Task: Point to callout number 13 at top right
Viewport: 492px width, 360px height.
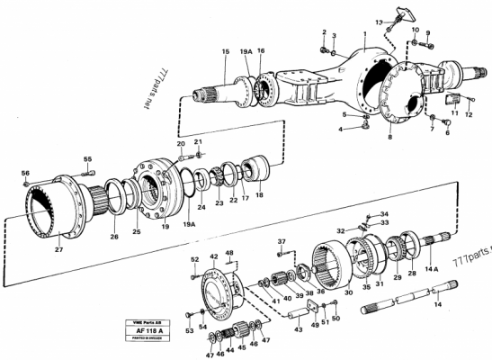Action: point(378,20)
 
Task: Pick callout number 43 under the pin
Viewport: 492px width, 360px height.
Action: point(299,329)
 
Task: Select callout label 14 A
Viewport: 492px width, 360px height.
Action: point(433,268)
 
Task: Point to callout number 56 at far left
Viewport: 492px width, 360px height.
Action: point(25,173)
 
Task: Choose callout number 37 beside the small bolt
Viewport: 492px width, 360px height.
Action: point(282,241)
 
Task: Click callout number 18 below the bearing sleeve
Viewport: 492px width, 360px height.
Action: point(261,193)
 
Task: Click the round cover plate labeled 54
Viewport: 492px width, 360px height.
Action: point(217,291)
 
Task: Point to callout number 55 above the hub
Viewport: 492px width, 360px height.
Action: point(88,159)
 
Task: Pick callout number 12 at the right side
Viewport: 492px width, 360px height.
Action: point(470,114)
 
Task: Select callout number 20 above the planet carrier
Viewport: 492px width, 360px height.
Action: point(181,144)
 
